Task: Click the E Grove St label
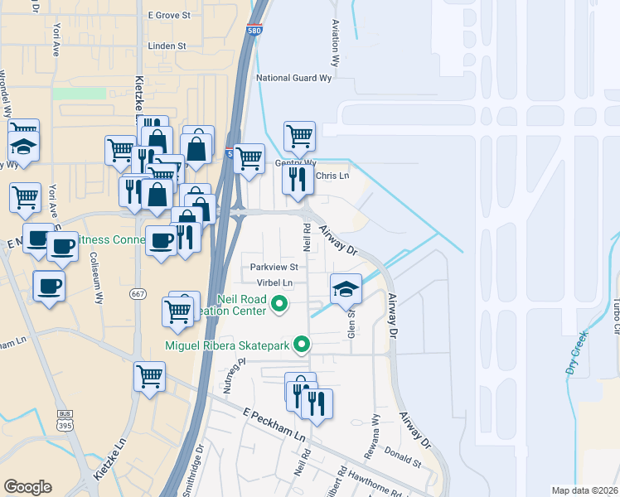point(169,15)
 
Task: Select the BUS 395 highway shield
point(65,420)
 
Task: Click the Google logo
point(27,487)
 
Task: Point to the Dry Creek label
point(577,352)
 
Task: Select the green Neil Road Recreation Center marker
point(279,305)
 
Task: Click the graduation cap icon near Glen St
point(346,289)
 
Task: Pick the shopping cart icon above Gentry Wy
point(299,135)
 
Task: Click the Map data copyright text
point(584,490)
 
